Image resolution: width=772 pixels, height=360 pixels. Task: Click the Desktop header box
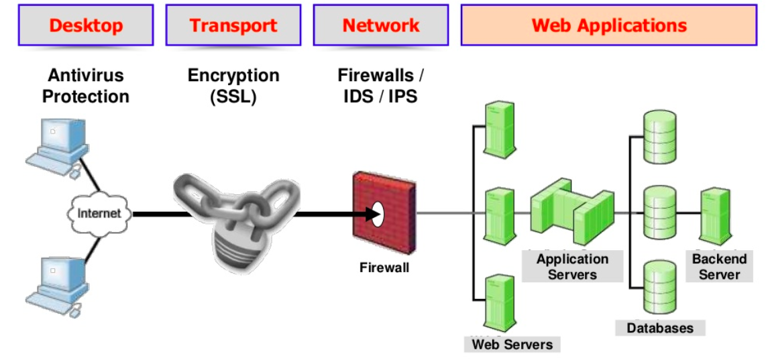[x=86, y=25]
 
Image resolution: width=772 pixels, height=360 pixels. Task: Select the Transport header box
[x=233, y=25]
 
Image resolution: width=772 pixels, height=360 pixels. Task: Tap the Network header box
[x=380, y=25]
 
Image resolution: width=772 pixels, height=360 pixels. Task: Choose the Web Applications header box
[x=608, y=25]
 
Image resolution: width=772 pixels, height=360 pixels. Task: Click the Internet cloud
[x=99, y=214]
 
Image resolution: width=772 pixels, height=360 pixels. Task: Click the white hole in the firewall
[x=376, y=214]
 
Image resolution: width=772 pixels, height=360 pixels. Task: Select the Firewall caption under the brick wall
[x=384, y=268]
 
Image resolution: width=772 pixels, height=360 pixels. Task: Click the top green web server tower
[x=500, y=127]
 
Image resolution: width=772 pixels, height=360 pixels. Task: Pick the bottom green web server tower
[x=500, y=301]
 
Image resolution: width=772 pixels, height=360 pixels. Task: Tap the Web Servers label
[x=512, y=345]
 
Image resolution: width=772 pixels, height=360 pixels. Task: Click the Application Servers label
[x=572, y=267]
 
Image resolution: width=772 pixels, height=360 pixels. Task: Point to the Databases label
[x=660, y=328]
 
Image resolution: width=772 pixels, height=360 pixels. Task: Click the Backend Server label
[x=719, y=267]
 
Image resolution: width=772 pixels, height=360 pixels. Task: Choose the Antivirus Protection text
[x=86, y=86]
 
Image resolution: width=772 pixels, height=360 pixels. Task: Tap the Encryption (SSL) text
[x=233, y=86]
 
